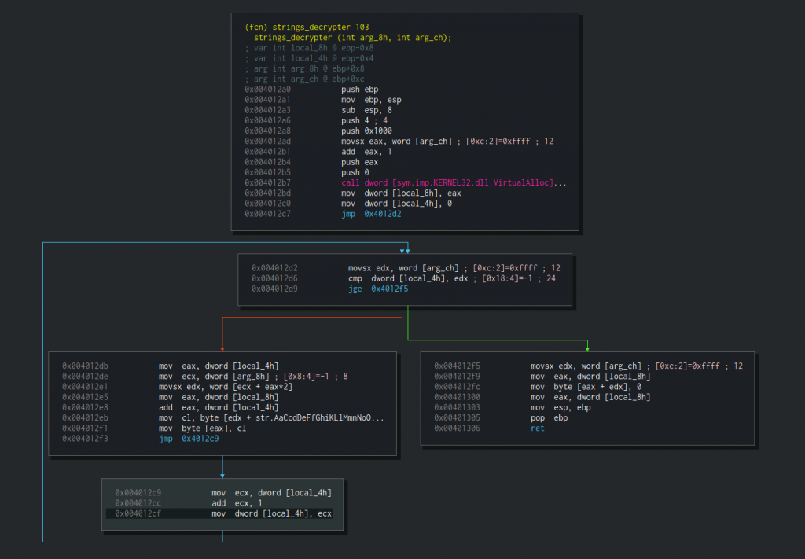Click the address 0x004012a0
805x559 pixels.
click(267, 90)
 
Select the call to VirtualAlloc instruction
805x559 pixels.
click(454, 182)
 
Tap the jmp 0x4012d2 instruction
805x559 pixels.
click(371, 214)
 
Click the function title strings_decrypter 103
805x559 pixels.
click(307, 28)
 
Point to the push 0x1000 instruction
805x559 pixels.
click(366, 131)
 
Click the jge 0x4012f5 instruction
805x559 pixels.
click(378, 289)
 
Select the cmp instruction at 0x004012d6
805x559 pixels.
click(452, 279)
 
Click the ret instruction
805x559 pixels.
click(537, 428)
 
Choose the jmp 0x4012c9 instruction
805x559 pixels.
click(189, 439)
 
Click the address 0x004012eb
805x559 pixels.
click(85, 417)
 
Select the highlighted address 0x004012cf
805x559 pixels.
click(138, 514)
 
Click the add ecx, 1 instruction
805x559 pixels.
click(237, 503)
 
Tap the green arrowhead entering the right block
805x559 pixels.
click(587, 349)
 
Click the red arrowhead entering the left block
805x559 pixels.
click(222, 349)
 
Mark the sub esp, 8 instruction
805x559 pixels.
click(366, 110)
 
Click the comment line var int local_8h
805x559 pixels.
click(309, 48)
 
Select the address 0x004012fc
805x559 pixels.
click(457, 387)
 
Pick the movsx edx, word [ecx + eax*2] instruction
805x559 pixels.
click(226, 387)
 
